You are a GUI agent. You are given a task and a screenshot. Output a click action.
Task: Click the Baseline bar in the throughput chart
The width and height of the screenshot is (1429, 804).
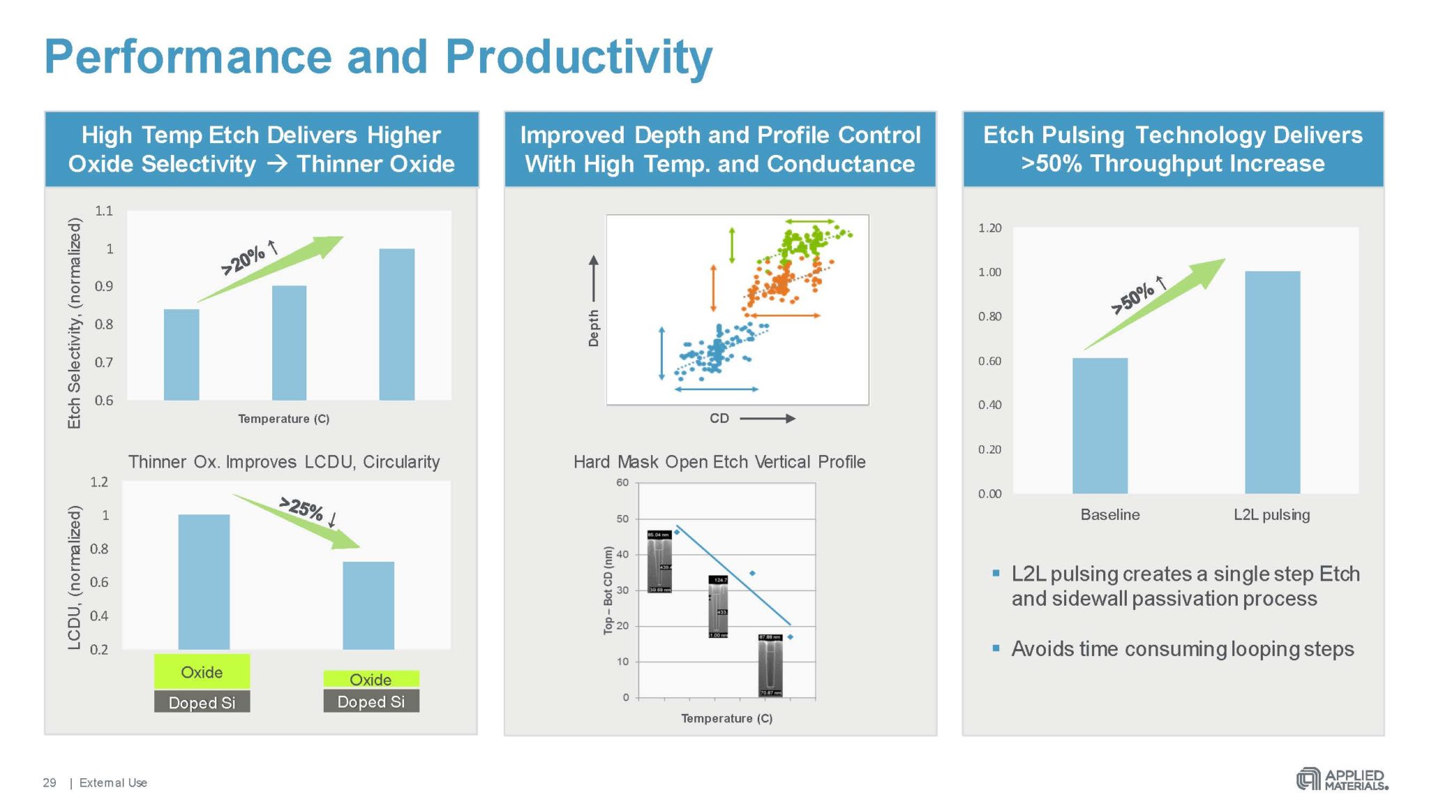pos(1100,426)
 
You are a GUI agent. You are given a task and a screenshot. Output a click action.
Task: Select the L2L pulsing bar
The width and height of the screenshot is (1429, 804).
pos(1272,382)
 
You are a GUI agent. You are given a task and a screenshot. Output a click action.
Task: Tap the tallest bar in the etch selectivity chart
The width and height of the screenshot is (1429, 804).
pos(396,325)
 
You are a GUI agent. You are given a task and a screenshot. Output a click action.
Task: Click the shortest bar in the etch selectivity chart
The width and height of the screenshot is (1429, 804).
pos(181,355)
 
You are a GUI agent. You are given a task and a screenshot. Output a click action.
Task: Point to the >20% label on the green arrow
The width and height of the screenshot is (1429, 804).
pos(243,260)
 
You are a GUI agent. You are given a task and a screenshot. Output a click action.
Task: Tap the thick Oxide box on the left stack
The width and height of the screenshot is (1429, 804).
pos(202,671)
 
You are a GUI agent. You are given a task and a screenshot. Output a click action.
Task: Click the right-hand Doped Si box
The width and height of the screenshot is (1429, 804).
pos(371,701)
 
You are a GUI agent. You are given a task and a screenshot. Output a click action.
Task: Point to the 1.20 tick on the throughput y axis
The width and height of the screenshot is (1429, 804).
pos(989,228)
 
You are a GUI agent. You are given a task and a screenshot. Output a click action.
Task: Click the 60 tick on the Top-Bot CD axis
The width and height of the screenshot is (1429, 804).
pos(622,482)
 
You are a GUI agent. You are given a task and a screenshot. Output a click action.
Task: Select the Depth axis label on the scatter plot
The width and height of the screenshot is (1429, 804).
pos(594,328)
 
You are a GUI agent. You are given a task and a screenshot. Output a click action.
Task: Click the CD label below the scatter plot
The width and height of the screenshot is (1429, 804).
pos(719,418)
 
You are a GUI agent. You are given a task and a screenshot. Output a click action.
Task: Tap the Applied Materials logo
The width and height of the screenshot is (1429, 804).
pos(1342,779)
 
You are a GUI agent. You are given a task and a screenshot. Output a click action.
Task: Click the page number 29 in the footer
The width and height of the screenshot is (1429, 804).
pos(50,782)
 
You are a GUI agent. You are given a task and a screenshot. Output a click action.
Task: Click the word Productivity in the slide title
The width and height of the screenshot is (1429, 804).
pos(578,57)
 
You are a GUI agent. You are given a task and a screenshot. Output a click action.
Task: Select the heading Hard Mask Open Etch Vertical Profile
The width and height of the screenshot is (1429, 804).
pos(719,461)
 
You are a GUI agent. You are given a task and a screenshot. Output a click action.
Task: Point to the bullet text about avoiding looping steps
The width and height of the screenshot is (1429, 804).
pos(1182,648)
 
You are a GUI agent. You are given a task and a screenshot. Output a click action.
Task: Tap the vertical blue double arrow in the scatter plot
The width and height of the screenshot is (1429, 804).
pos(661,353)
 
